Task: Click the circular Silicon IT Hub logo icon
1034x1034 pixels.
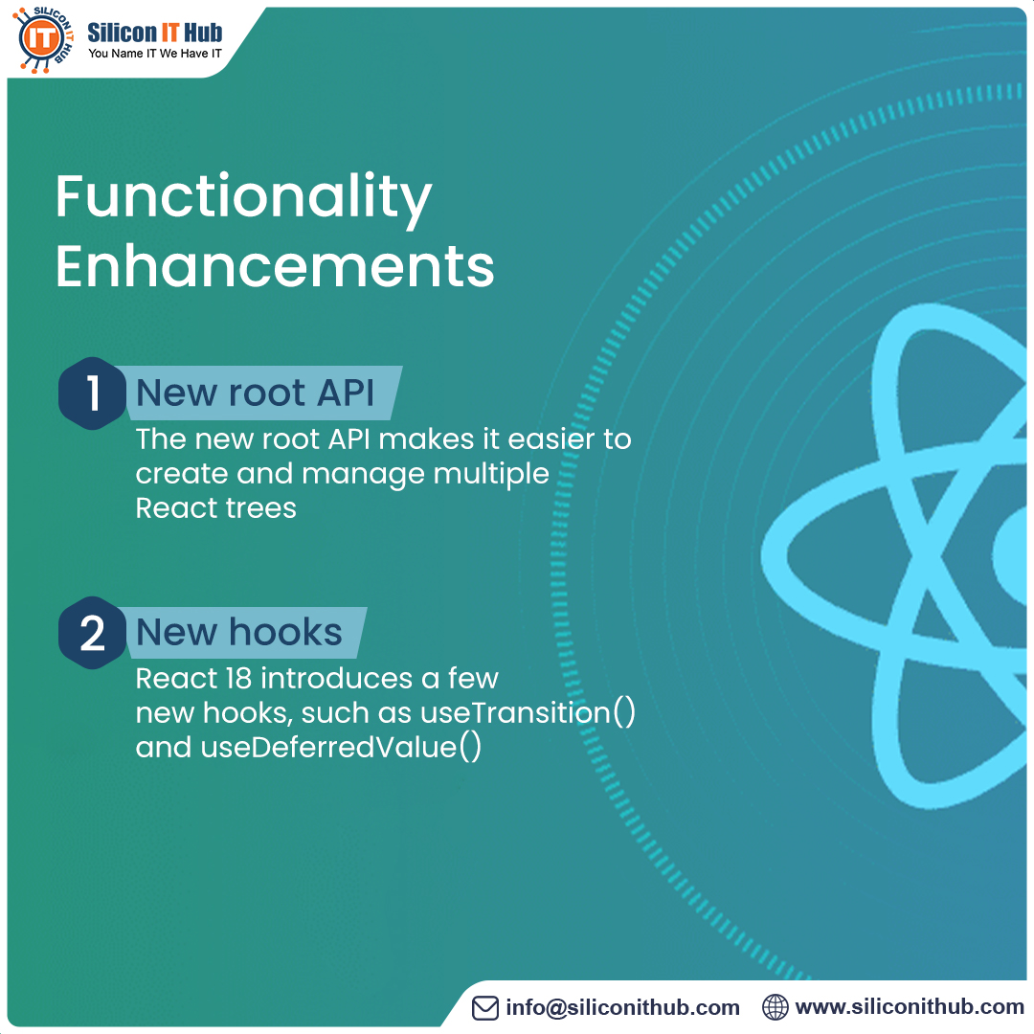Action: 43,38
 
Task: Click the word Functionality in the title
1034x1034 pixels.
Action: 243,198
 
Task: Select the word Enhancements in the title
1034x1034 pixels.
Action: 275,266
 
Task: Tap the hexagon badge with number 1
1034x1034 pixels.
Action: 93,393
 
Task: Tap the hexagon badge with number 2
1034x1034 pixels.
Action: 93,632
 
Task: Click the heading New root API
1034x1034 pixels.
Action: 255,393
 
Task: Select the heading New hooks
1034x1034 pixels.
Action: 239,632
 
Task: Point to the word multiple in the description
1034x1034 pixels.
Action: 492,473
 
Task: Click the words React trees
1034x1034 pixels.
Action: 216,507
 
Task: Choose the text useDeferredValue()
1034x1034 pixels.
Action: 341,747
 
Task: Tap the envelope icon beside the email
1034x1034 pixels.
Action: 486,1007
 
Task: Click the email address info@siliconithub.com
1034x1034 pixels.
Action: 623,1007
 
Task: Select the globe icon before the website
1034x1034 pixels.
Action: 775,1007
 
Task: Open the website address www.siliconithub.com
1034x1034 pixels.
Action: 910,1007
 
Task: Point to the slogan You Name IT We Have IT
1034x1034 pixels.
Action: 155,54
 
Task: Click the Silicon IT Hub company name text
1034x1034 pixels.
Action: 155,32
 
